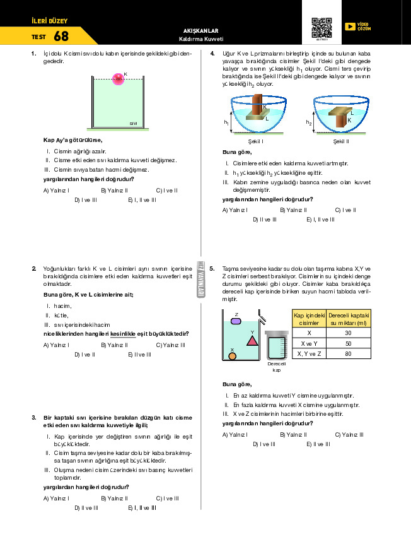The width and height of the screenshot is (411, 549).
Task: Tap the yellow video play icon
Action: pos(350,27)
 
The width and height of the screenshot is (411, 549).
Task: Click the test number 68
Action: pos(61,37)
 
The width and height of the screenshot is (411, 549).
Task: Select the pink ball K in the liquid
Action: pos(117,79)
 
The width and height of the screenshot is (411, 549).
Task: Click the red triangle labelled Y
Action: pos(252,340)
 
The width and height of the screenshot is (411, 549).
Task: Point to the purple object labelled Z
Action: pos(236,321)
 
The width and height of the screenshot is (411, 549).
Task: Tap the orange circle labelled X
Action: pos(232,357)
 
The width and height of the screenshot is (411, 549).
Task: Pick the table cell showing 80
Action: pos(348,355)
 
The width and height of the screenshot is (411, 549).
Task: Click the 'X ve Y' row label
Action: pos(309,343)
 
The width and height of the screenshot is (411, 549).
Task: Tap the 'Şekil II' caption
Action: pos(341,142)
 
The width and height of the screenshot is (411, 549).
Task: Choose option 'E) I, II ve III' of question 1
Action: pos(141,200)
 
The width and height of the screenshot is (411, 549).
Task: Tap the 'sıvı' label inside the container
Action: pos(133,124)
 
